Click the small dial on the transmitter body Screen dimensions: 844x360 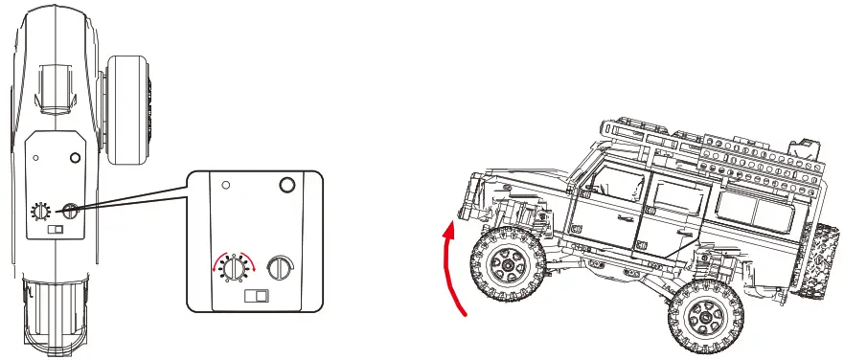pyautogui.click(x=41, y=212)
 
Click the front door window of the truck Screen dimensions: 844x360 pyautogui.click(x=612, y=186)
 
